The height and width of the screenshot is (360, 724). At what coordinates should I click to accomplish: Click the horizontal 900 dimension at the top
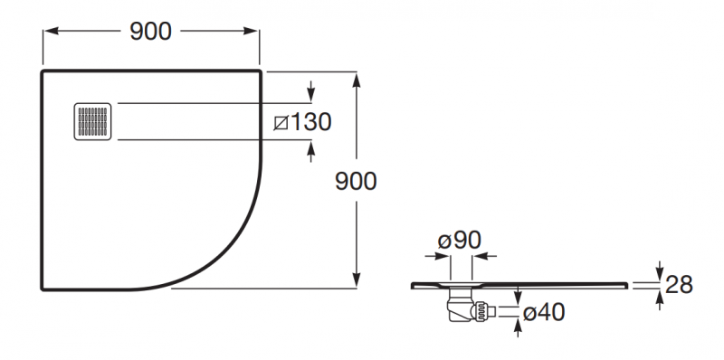coord(150,32)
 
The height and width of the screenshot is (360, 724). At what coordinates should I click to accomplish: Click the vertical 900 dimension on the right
coord(356,181)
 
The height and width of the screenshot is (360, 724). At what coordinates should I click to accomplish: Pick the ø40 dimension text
coord(543,312)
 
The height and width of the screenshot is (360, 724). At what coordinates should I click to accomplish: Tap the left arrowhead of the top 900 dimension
coord(51,32)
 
